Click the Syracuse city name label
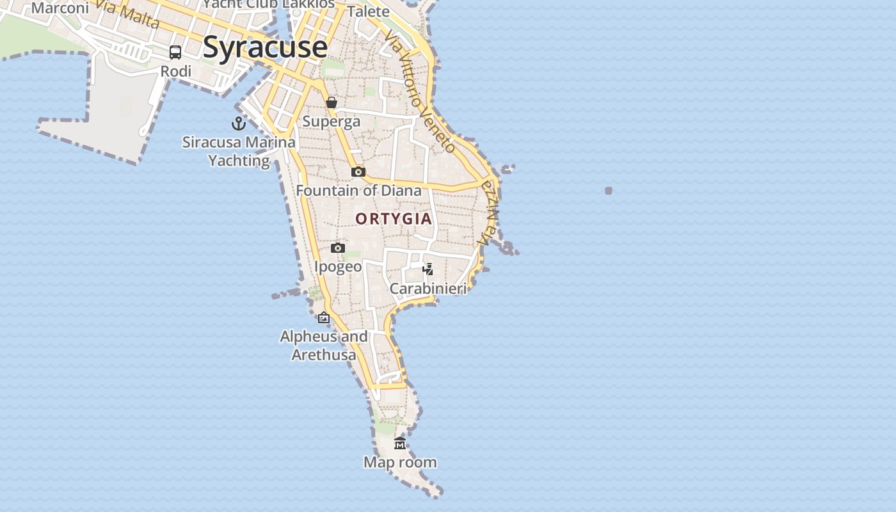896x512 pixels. click(265, 47)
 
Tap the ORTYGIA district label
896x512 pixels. click(394, 219)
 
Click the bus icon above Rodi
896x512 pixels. click(175, 52)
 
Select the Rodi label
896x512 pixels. click(176, 71)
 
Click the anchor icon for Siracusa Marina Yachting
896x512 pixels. click(239, 124)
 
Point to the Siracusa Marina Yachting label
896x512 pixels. click(239, 151)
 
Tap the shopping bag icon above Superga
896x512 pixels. click(332, 102)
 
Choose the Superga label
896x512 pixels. click(332, 121)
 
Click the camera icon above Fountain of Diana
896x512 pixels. click(358, 172)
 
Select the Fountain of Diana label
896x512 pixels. click(358, 190)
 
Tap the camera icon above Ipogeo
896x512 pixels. click(338, 248)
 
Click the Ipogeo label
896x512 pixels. click(338, 266)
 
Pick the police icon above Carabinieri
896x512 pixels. click(428, 269)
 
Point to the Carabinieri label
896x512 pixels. click(428, 289)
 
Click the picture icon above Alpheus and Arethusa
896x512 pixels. click(324, 317)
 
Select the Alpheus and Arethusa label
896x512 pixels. click(324, 345)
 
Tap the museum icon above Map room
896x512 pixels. click(400, 443)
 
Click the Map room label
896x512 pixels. click(400, 462)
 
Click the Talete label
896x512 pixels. click(368, 12)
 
